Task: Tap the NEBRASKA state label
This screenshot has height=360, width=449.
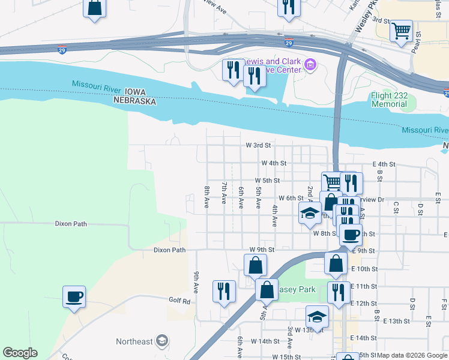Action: coord(135,102)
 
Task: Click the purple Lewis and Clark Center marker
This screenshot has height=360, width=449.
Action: coord(310,65)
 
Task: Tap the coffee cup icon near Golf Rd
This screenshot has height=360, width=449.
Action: coord(74,296)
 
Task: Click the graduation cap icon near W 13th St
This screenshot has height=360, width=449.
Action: coord(317,316)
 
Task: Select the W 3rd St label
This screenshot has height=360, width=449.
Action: coord(258,145)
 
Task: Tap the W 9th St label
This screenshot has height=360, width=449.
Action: coord(262,249)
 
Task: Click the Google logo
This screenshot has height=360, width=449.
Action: coord(19,353)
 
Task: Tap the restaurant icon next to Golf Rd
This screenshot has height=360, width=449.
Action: coord(224,292)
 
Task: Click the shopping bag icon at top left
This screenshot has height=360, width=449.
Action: coord(94,8)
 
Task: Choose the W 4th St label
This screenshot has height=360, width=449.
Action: coord(274,163)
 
